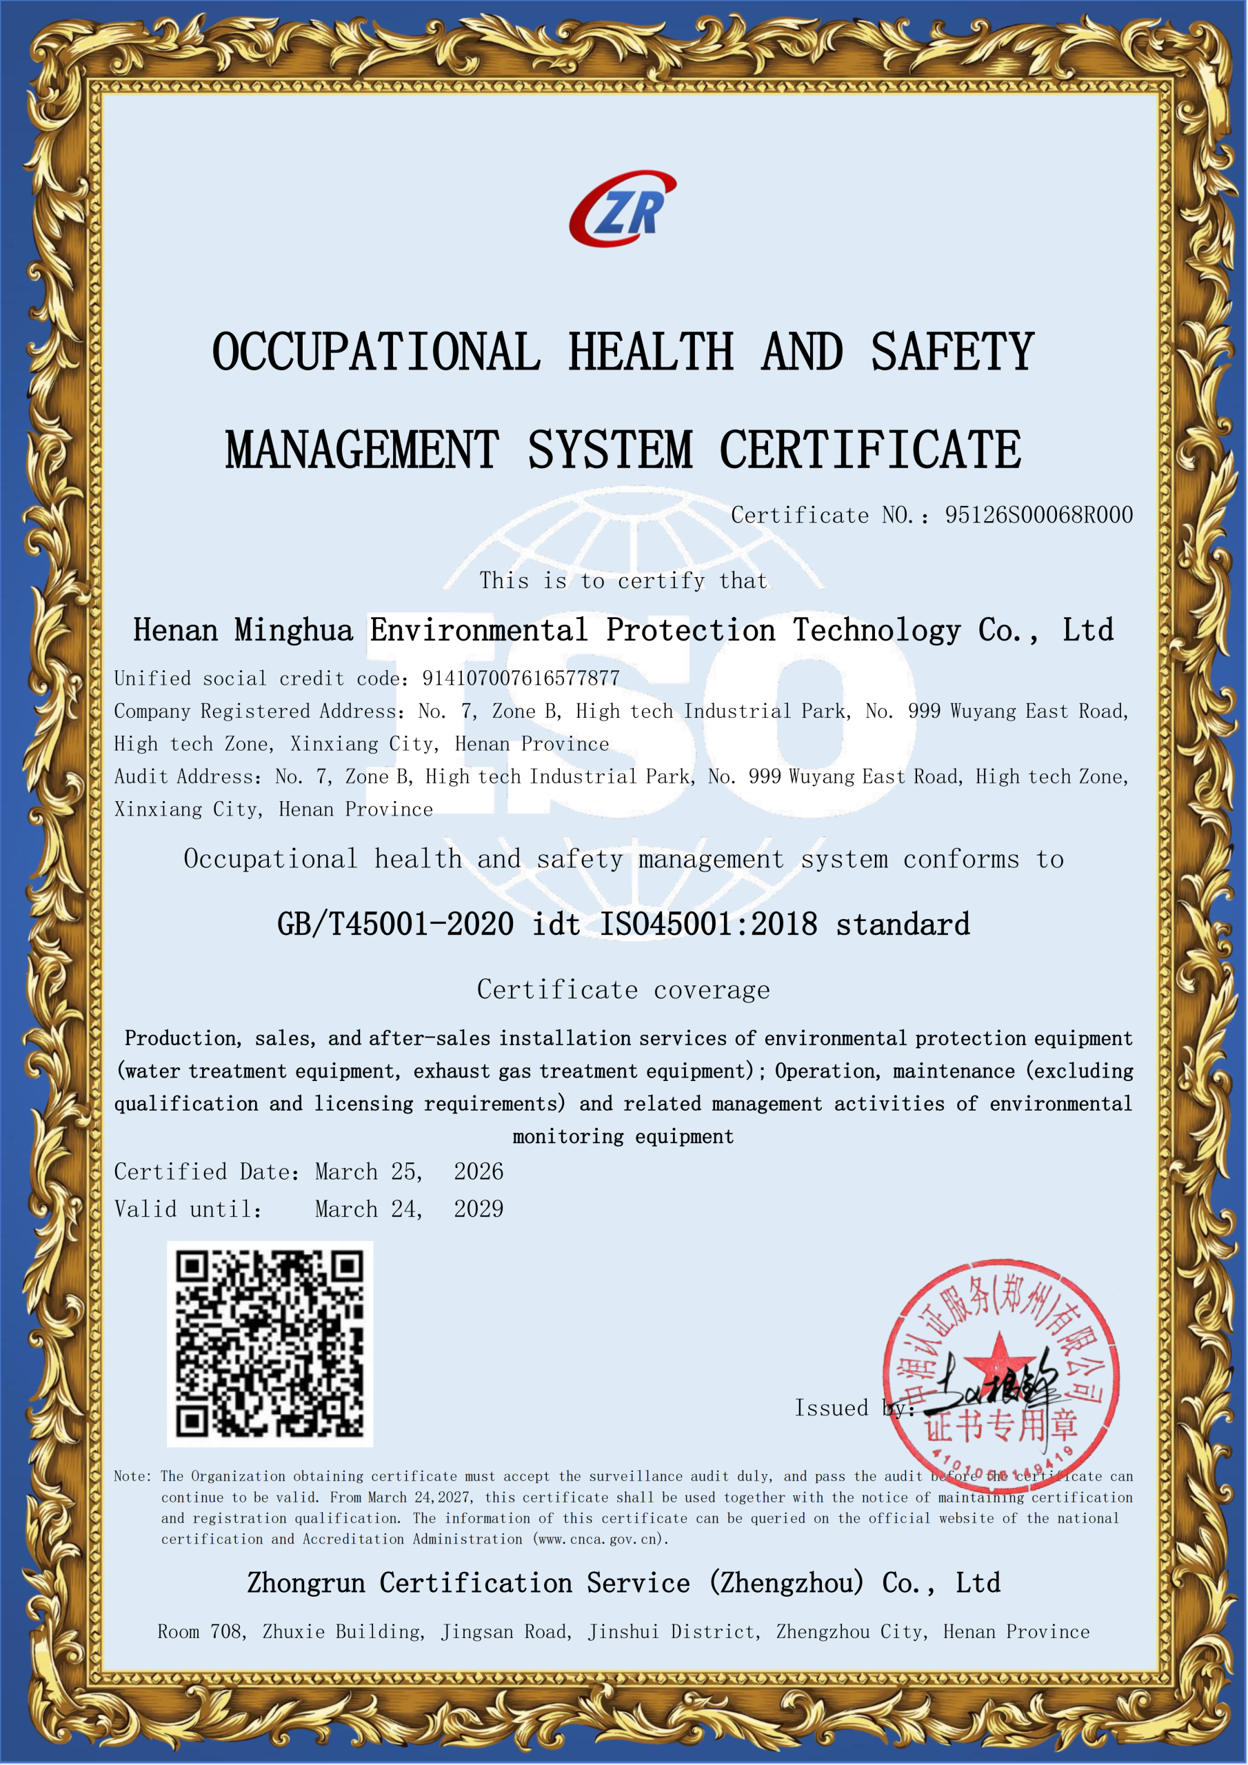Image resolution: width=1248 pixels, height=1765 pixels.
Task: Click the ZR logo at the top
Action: pos(623,209)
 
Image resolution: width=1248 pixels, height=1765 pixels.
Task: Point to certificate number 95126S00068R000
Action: pos(1039,515)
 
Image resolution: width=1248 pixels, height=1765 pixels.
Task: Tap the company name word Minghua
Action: pos(294,630)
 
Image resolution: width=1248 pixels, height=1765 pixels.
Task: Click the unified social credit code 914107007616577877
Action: pos(521,678)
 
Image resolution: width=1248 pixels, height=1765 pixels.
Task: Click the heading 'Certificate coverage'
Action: pos(623,990)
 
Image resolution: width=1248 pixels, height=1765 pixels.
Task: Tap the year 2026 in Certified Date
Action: pos(479,1171)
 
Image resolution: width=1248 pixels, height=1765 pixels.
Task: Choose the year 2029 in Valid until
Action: pos(479,1209)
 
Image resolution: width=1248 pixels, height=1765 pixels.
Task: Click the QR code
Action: pos(270,1344)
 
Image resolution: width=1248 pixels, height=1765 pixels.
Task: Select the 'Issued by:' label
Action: pos(854,1409)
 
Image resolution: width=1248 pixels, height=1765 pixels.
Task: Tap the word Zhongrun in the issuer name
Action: pos(306,1584)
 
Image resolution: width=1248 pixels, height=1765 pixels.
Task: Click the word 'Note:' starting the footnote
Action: pos(133,1476)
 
